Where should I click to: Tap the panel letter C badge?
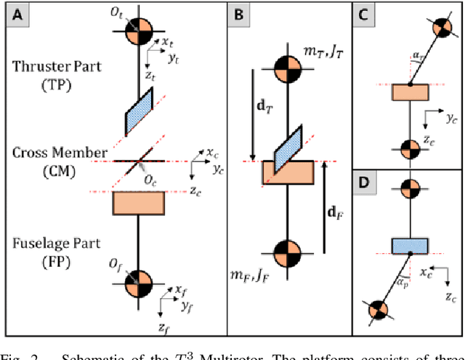coord(364,13)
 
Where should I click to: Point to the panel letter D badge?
coord(364,181)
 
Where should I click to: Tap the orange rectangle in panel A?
coord(138,203)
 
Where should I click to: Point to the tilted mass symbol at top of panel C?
coord(442,27)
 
